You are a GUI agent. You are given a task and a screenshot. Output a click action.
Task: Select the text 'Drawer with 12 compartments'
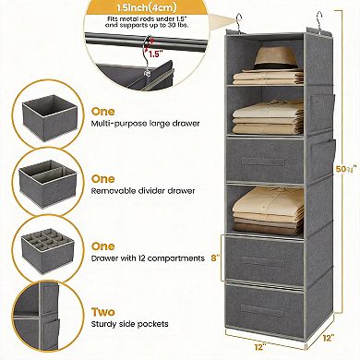(148, 260)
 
